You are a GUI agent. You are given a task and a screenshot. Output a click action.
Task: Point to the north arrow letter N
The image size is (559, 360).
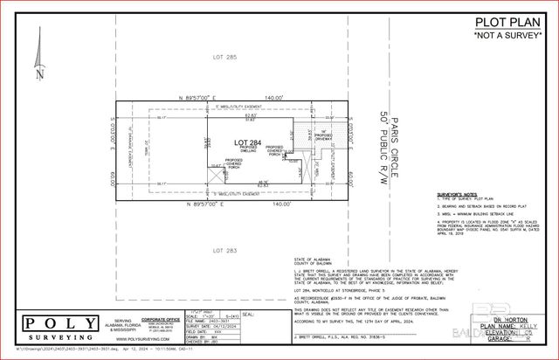click(x=38, y=74)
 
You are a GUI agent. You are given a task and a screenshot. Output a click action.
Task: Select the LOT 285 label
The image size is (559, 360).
click(x=224, y=58)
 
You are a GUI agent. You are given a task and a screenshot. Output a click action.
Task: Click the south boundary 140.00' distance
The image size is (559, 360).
click(x=280, y=204)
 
